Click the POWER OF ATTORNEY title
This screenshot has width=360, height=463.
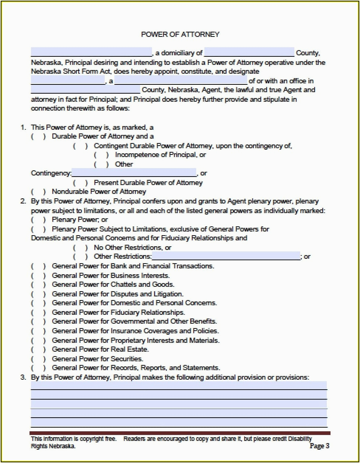[180, 34]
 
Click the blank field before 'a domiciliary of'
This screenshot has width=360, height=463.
[91, 52]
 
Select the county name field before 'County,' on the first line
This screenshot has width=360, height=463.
[249, 52]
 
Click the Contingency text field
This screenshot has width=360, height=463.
[134, 173]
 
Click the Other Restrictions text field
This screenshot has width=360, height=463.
[226, 256]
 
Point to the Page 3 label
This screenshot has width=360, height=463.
[319, 446]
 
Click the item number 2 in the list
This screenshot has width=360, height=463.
[23, 202]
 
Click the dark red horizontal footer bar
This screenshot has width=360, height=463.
[180, 433]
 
